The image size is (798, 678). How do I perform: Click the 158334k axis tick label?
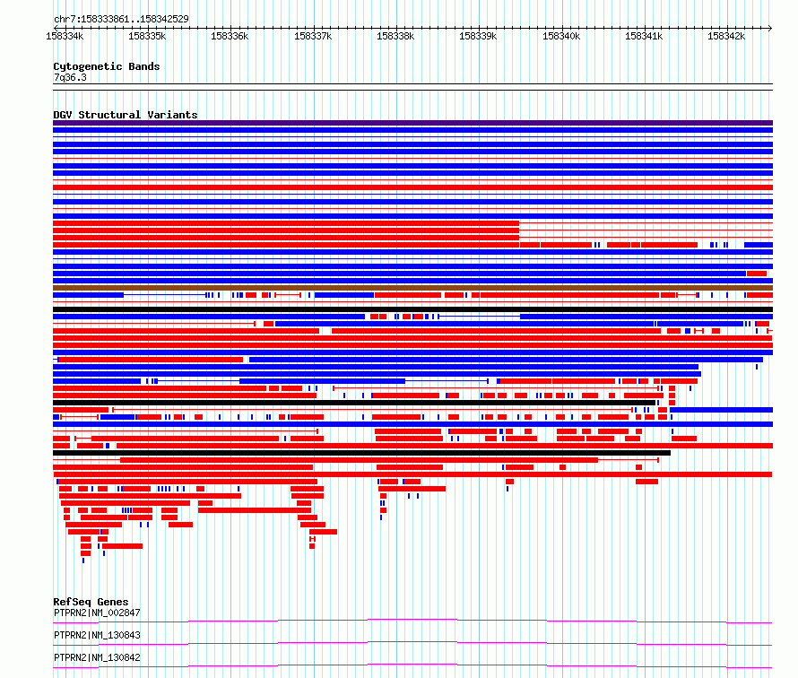(65, 36)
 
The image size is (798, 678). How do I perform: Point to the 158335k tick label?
(147, 36)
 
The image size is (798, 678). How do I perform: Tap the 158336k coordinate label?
(230, 36)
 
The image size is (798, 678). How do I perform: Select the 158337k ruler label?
(313, 36)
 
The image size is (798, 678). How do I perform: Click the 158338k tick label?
(395, 36)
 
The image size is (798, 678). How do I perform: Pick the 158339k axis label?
(478, 36)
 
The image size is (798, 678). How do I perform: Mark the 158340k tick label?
(561, 36)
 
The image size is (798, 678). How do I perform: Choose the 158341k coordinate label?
(644, 36)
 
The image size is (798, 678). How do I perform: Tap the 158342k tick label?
(726, 36)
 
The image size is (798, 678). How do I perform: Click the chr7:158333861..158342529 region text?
(121, 19)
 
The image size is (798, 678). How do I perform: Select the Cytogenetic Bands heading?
(107, 66)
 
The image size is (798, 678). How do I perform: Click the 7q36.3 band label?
(70, 77)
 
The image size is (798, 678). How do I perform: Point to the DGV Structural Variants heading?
(126, 115)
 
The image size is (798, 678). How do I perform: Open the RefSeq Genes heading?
(91, 602)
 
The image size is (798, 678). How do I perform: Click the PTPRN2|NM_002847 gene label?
(97, 613)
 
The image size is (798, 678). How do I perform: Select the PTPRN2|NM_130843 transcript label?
(97, 635)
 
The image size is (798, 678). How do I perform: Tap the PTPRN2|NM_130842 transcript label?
(97, 657)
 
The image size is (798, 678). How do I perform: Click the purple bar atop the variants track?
(412, 123)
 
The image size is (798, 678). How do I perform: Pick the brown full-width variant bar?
(412, 288)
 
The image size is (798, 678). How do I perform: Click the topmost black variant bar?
(412, 309)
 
